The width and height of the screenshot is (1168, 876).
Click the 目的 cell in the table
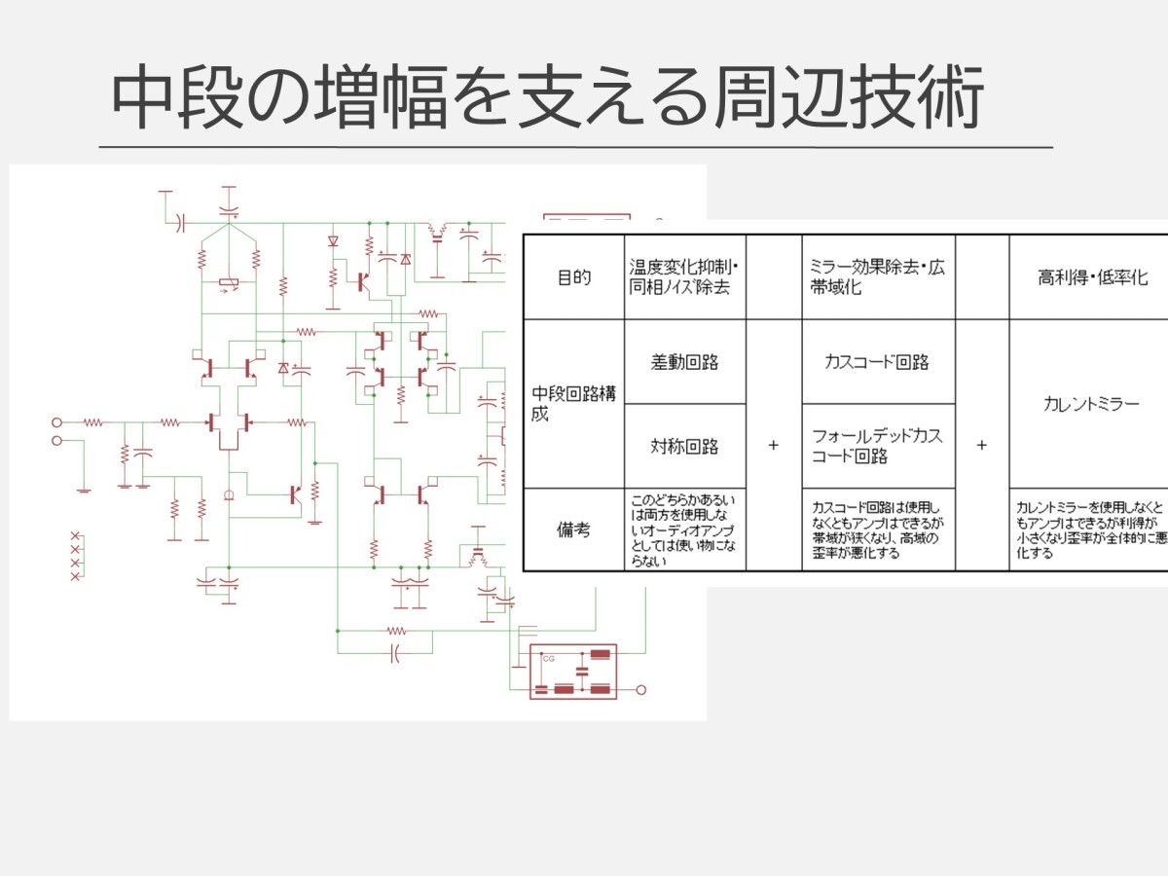point(573,277)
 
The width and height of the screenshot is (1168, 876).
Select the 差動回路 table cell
point(684,362)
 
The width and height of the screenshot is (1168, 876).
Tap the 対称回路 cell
point(684,447)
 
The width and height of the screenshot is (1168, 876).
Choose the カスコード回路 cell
point(877,362)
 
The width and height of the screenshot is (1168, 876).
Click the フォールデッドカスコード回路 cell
point(877,446)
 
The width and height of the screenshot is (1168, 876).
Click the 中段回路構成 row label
point(573,403)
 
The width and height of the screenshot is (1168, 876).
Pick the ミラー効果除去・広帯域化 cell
point(877,277)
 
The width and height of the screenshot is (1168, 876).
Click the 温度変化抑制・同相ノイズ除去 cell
point(684,277)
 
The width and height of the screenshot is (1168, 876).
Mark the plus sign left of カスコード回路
point(774,445)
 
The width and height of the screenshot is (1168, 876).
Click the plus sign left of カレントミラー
point(981,445)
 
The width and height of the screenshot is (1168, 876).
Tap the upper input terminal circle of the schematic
point(56,422)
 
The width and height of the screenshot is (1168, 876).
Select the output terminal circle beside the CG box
point(640,690)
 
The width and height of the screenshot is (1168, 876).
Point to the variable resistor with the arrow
point(229,284)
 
